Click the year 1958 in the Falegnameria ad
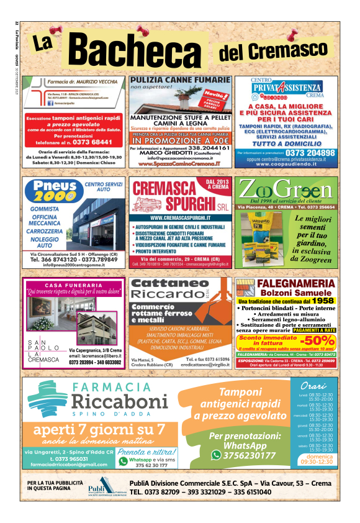pyautogui.click(x=323, y=300)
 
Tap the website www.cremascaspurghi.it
pyautogui.click(x=181, y=218)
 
